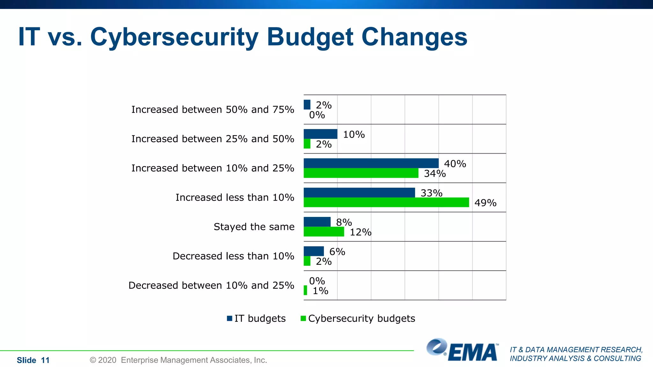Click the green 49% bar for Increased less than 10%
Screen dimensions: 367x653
click(x=386, y=202)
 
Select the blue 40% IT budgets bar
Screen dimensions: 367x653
click(x=371, y=163)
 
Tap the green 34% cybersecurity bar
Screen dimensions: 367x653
click(x=361, y=173)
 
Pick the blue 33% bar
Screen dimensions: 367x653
click(x=359, y=192)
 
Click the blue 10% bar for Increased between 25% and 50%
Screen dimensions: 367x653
click(x=320, y=134)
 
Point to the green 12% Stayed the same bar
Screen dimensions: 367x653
click(x=324, y=232)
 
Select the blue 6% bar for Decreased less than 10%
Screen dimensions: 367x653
click(x=313, y=251)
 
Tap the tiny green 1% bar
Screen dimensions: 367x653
click(x=305, y=290)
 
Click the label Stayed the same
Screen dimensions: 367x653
click(x=254, y=227)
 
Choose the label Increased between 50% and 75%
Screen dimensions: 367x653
click(x=213, y=109)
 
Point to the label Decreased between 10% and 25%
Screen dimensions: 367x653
click(x=211, y=285)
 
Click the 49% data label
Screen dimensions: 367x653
click(x=485, y=203)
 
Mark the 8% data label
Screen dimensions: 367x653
click(x=344, y=222)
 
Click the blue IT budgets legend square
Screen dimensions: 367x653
click(x=230, y=318)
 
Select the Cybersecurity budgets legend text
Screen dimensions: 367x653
click(x=361, y=318)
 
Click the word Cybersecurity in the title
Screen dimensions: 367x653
click(x=174, y=38)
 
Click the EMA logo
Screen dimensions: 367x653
click(x=463, y=350)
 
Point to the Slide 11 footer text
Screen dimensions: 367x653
click(x=33, y=360)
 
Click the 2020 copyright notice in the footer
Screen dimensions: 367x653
click(x=178, y=360)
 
